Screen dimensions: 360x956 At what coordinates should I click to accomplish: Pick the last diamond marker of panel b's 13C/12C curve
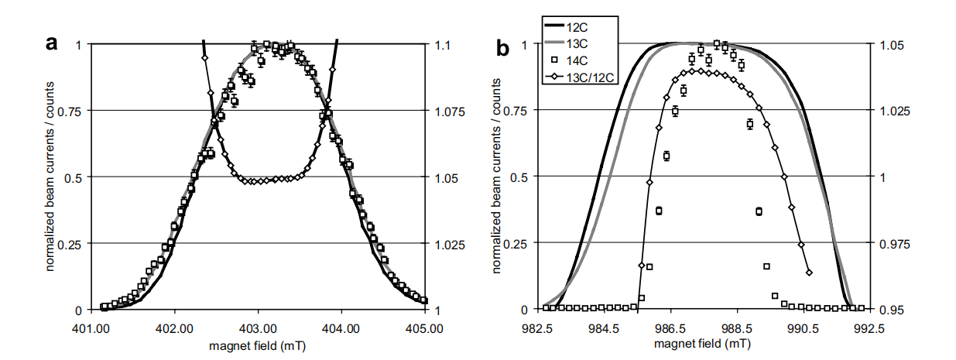pyautogui.click(x=809, y=273)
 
